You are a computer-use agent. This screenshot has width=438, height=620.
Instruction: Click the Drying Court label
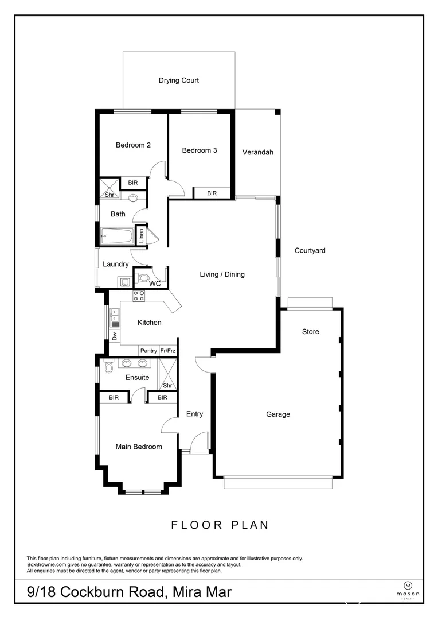[178, 80]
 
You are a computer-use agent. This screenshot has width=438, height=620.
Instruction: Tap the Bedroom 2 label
[133, 145]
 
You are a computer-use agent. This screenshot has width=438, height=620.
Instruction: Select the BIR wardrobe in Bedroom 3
[212, 193]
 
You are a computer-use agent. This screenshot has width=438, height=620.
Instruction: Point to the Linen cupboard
[141, 236]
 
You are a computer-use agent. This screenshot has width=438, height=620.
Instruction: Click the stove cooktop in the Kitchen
[139, 296]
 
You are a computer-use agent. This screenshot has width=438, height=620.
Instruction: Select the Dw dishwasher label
[114, 335]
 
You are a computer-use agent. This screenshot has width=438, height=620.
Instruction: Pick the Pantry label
[148, 351]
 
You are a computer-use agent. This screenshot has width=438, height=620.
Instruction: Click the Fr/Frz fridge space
[168, 351]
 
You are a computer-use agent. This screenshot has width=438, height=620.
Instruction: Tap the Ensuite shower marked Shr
[167, 374]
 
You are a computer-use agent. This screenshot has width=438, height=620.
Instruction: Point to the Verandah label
[257, 153]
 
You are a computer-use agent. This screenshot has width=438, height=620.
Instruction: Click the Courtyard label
[310, 251]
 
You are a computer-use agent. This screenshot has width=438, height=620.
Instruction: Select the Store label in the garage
[311, 332]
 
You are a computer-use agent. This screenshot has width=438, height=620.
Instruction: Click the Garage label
[277, 414]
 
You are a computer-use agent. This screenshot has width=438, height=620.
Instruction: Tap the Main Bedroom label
[138, 447]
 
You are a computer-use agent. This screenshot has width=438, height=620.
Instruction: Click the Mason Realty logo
[408, 587]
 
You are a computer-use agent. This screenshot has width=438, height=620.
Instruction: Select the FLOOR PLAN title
[220, 525]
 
